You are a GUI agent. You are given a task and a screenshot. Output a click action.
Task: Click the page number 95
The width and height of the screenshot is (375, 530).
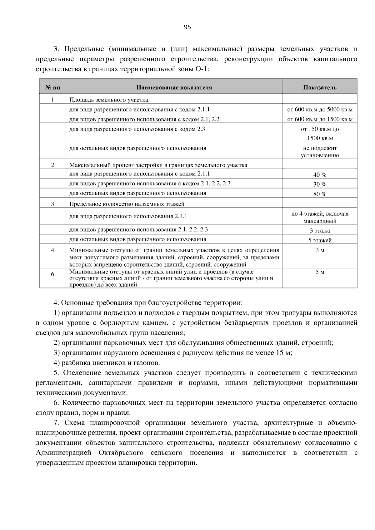187,27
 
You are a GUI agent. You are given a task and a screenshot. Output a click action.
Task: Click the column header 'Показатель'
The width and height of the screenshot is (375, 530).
320,87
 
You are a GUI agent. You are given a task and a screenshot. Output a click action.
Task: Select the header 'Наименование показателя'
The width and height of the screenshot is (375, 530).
174,87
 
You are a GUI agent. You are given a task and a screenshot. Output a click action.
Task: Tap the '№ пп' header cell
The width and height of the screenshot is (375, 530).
52,87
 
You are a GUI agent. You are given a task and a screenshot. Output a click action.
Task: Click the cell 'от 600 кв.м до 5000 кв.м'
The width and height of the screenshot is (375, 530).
320,110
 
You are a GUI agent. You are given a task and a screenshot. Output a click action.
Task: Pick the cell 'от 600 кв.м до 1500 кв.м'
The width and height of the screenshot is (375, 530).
320,119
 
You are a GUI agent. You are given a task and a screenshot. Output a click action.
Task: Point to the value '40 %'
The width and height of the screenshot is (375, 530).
320,175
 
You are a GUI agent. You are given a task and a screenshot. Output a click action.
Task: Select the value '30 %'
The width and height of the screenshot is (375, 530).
320,184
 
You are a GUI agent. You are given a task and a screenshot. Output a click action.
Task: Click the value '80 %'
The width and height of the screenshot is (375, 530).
320,194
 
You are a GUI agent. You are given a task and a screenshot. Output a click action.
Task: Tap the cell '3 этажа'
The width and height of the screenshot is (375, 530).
320,231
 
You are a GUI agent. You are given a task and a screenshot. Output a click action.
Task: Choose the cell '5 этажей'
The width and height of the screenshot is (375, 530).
320,240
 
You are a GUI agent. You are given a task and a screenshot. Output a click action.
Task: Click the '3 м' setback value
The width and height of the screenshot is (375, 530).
320,250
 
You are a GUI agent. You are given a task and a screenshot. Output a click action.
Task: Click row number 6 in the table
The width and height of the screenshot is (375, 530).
52,274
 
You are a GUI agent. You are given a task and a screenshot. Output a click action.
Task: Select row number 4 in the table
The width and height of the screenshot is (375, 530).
52,250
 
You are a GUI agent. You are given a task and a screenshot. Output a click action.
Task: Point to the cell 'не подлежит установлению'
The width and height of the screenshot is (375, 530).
320,152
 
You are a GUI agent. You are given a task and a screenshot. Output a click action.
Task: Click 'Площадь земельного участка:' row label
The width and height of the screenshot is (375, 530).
109,100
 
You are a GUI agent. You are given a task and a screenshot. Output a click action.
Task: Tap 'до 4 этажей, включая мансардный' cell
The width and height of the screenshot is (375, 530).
320,217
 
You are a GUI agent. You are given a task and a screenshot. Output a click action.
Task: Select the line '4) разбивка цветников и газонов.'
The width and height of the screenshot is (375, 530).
107,363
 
